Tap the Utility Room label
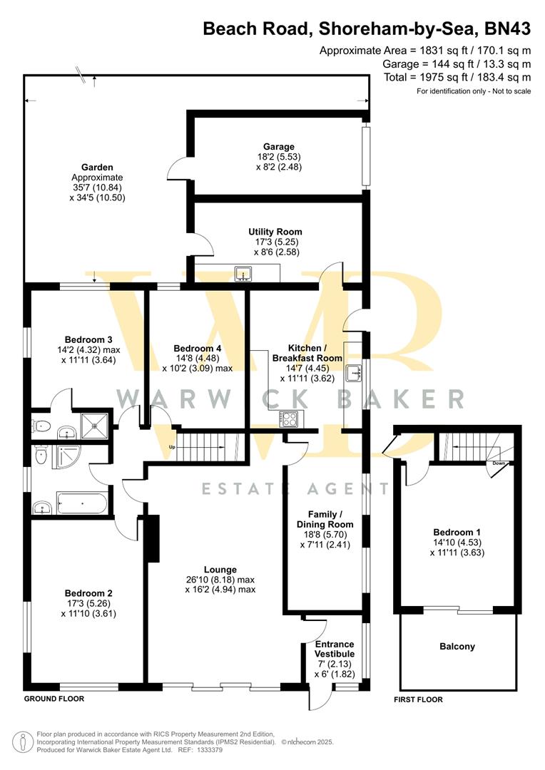pyautogui.click(x=275, y=232)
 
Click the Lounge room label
pyautogui.click(x=220, y=570)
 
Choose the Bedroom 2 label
pyautogui.click(x=88, y=592)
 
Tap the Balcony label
pyautogui.click(x=457, y=647)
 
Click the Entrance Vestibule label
pyautogui.click(x=334, y=649)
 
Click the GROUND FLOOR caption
pyautogui.click(x=54, y=699)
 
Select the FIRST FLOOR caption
pyautogui.click(x=418, y=699)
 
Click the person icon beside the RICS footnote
pyautogui.click(x=24, y=741)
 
